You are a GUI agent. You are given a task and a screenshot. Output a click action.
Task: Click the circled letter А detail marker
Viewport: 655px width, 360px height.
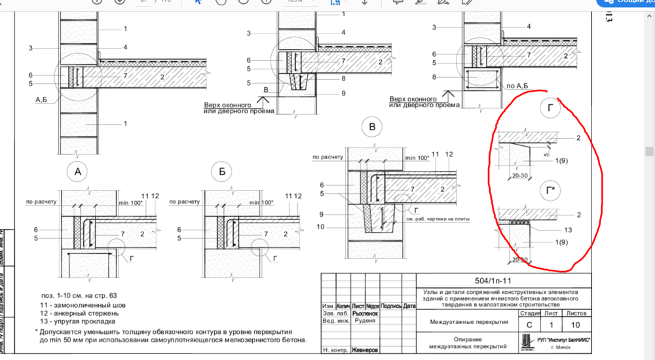pyautogui.click(x=77, y=173)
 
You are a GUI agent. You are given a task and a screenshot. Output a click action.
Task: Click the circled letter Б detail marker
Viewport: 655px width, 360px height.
pyautogui.click(x=223, y=173)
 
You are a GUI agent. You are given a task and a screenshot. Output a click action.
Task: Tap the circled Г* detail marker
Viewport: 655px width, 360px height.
pyautogui.click(x=551, y=190)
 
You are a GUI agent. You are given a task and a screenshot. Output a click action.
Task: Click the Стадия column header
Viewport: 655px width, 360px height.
pyautogui.click(x=529, y=314)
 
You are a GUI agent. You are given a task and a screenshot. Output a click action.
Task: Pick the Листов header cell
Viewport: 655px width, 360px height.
pyautogui.click(x=576, y=314)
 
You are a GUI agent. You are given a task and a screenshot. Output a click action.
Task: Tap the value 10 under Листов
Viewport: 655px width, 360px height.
pyautogui.click(x=576, y=325)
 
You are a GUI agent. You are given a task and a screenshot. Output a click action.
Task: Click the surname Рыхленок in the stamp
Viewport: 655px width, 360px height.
pyautogui.click(x=365, y=314)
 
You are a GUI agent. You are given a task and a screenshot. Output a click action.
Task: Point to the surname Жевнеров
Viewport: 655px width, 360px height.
pyautogui.click(x=365, y=350)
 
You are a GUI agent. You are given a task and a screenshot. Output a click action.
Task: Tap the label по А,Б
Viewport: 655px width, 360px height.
pyautogui.click(x=517, y=85)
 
